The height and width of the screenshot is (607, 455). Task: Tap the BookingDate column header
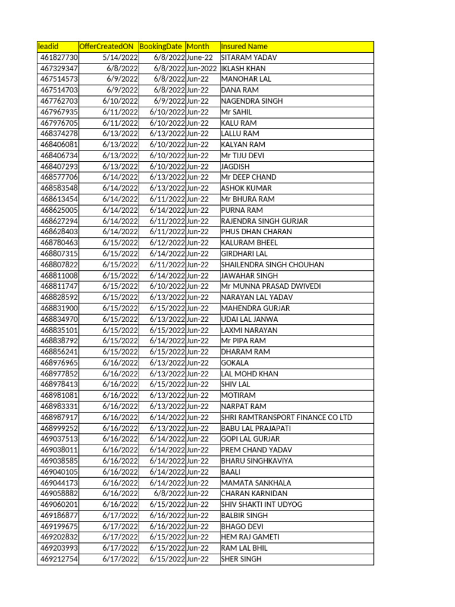coord(161,46)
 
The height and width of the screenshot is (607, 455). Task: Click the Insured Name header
coord(244,46)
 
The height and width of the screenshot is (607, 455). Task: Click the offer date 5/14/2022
coord(120,57)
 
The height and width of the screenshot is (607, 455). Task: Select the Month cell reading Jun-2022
coord(201,68)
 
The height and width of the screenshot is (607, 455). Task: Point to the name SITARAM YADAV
coord(249,57)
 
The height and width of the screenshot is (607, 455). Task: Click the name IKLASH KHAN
coord(243,68)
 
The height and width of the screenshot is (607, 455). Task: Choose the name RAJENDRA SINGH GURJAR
coord(264,221)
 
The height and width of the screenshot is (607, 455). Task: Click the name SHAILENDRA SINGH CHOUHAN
coord(273,264)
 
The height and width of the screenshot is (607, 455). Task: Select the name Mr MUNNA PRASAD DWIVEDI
coord(271,286)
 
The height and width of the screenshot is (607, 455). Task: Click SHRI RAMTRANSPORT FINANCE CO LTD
coord(286,417)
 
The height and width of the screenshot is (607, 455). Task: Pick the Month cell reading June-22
coord(200,57)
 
